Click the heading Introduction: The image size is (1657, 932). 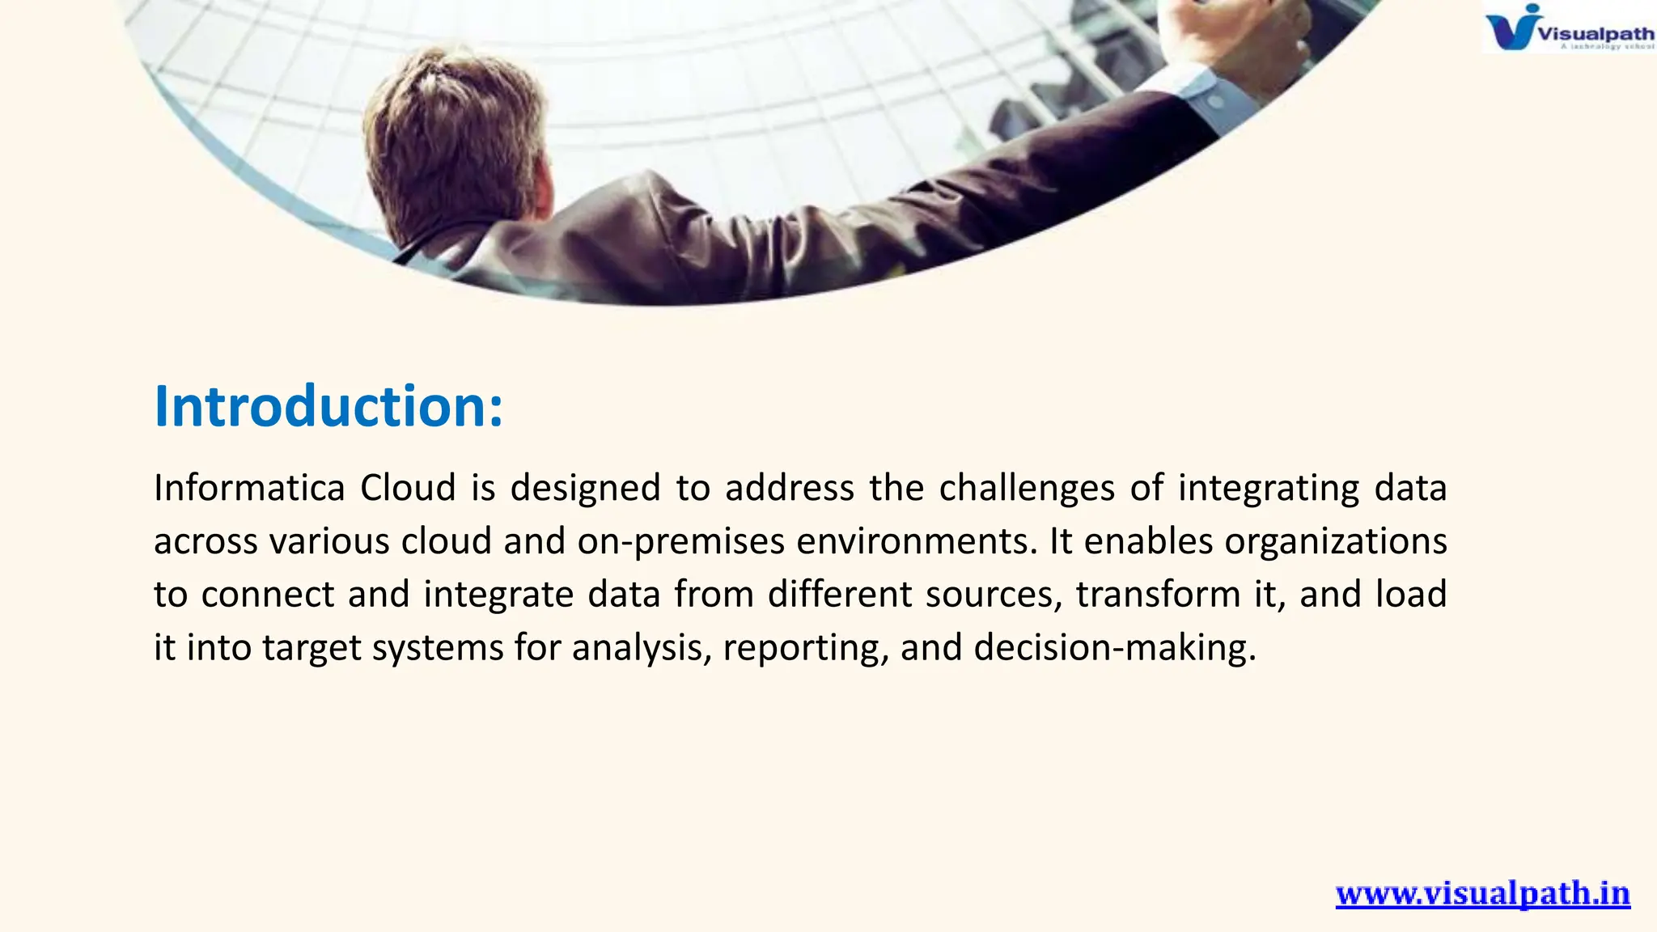coord(328,406)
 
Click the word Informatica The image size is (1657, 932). coord(249,488)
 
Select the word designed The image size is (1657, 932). coord(585,488)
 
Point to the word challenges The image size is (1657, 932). coord(1027,488)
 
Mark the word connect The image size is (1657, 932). coord(267,595)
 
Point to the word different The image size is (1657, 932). coord(840,595)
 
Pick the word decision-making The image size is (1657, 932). coord(1115,648)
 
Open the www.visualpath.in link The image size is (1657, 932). coord(1482,894)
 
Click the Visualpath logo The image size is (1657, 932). coord(1568,28)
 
